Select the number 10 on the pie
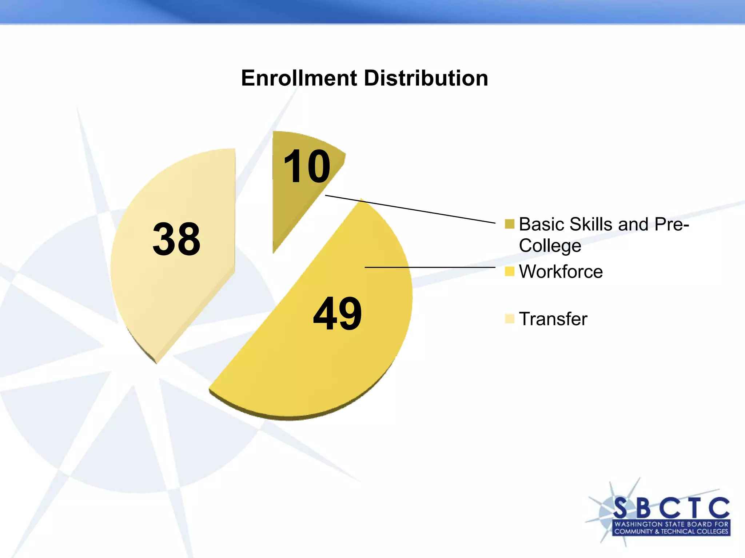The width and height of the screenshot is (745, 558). [x=307, y=167]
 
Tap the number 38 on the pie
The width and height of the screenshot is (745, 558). [x=176, y=239]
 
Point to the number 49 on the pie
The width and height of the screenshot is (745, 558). [x=337, y=314]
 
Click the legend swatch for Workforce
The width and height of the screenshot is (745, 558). [x=509, y=271]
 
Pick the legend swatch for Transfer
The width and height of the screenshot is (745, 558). [x=509, y=319]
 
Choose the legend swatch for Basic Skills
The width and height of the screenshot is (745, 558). [x=509, y=224]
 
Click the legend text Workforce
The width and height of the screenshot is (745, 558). [x=561, y=272]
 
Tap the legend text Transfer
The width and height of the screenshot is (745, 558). [x=553, y=319]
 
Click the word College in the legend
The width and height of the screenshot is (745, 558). [x=550, y=246]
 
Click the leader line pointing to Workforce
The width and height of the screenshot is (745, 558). [x=429, y=267]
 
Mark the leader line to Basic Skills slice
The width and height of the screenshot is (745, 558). [x=411, y=209]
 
